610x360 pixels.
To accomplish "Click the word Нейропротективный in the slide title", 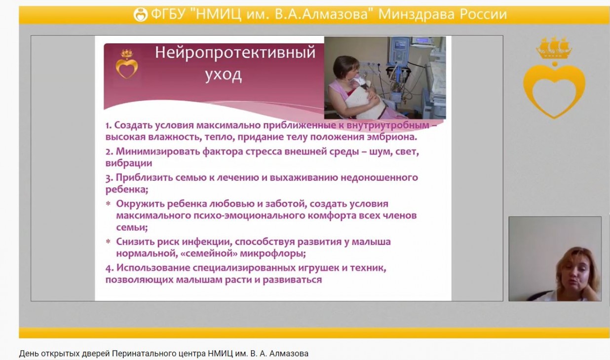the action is coord(235,53).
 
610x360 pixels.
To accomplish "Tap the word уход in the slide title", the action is coord(223,74).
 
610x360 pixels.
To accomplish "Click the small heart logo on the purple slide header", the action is coord(127,64).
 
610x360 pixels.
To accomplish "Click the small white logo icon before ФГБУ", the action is coord(141,14).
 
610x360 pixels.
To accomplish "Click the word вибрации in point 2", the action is coord(128,163).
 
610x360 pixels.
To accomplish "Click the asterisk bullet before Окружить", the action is coord(108,204).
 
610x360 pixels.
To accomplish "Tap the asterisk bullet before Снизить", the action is coord(108,241).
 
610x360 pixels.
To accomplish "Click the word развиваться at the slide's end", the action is coord(292,280).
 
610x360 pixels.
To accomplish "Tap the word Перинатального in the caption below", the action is coord(159,354).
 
